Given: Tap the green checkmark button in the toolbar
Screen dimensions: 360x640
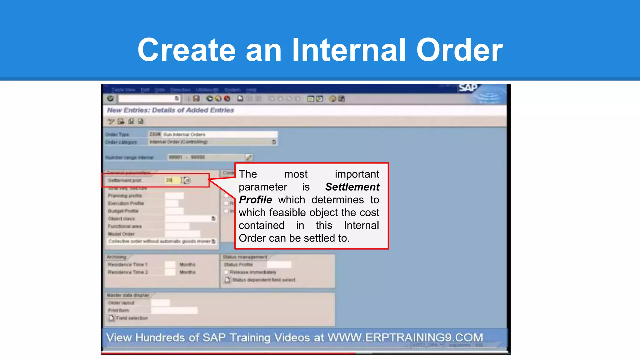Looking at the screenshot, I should (x=110, y=99).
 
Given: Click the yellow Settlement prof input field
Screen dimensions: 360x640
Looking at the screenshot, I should (x=172, y=180).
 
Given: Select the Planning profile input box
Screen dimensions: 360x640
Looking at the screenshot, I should (x=174, y=196).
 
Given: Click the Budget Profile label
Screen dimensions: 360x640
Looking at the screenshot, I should (x=123, y=211).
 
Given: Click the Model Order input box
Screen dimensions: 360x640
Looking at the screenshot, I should (x=182, y=234).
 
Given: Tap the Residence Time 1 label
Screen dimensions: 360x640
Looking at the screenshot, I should (x=127, y=265).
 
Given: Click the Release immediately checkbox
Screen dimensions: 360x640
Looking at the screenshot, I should (x=226, y=272).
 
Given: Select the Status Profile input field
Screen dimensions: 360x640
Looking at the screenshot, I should (x=279, y=265).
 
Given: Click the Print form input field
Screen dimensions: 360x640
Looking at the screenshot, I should (x=174, y=310).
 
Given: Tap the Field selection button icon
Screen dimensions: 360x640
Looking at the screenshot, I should (x=112, y=318).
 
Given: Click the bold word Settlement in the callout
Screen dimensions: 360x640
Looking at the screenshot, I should (x=352, y=187).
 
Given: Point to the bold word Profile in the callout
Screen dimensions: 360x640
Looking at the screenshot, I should (x=255, y=200).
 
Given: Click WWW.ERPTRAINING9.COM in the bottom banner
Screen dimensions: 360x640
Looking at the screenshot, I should (x=405, y=337).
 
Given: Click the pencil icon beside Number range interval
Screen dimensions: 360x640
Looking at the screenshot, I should (x=249, y=157).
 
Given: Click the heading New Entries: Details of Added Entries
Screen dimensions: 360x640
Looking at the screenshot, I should (x=170, y=110).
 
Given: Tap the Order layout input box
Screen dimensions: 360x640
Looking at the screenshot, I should (x=161, y=303).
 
